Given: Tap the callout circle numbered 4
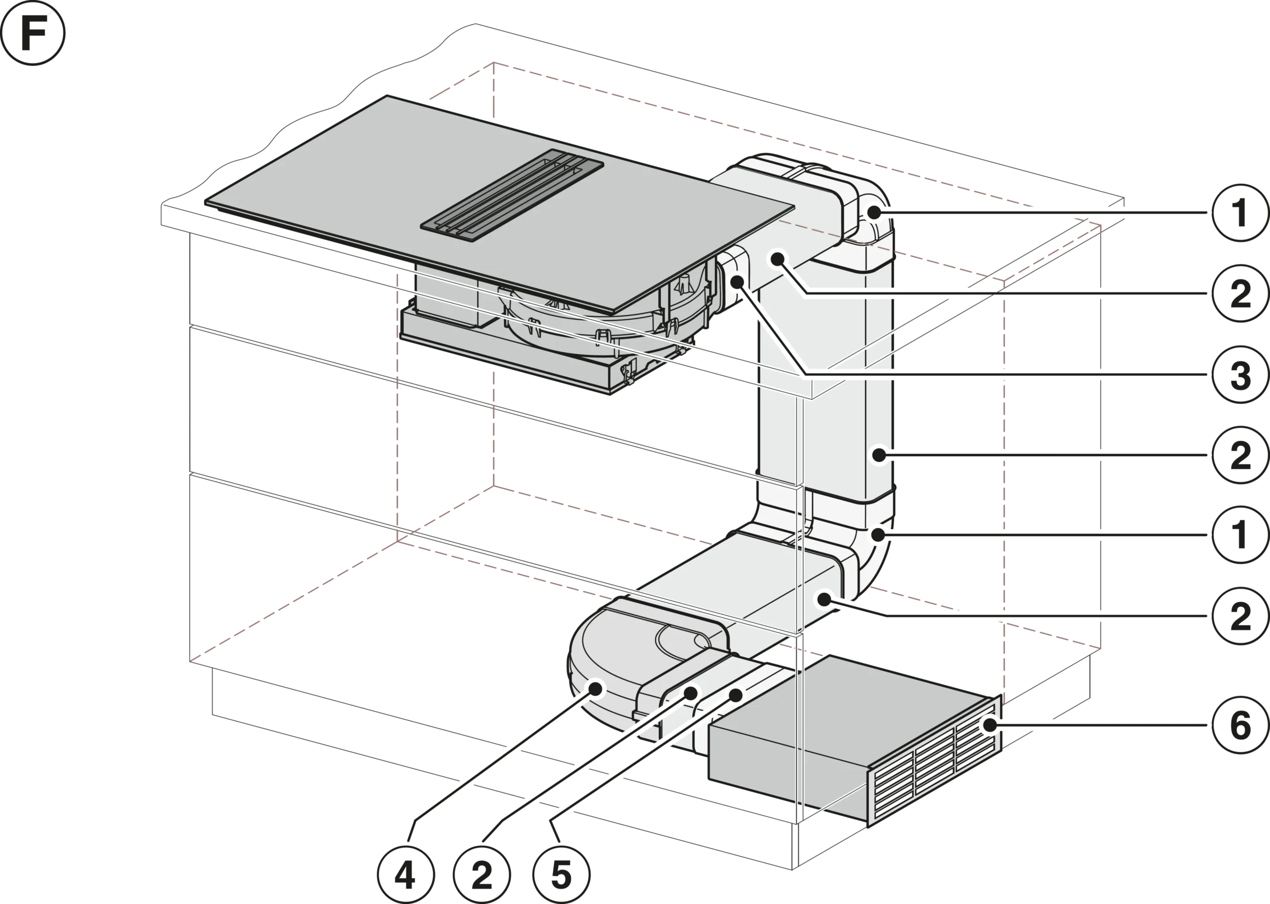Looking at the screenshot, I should [x=404, y=876].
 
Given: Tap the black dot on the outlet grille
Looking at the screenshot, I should [x=989, y=725].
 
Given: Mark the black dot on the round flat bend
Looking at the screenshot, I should [x=597, y=689].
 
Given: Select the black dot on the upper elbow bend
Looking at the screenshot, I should [x=875, y=212].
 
